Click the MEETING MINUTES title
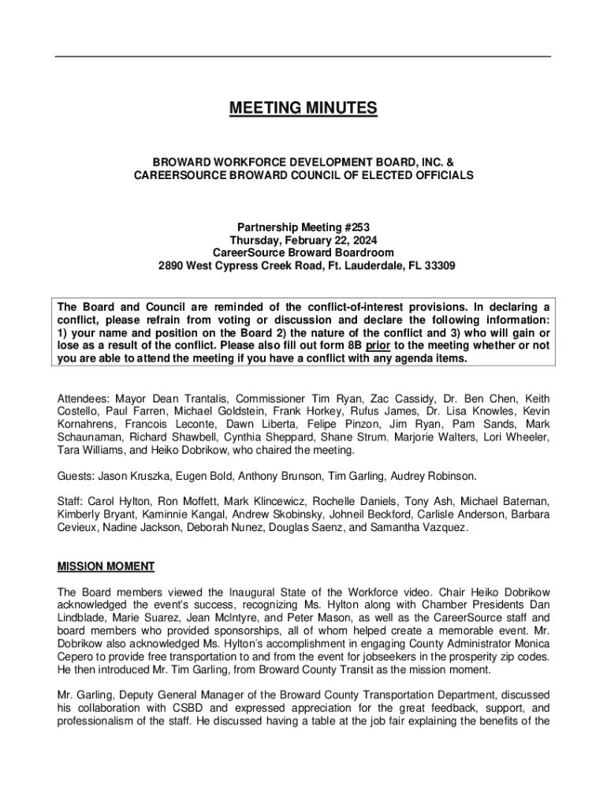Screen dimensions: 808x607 tap(303, 108)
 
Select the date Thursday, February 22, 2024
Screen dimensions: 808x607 tap(303, 240)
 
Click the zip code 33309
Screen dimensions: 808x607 tap(439, 266)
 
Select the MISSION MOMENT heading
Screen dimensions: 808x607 tap(106, 567)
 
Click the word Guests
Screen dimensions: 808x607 tap(76, 476)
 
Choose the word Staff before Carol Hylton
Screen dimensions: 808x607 tap(70, 501)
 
